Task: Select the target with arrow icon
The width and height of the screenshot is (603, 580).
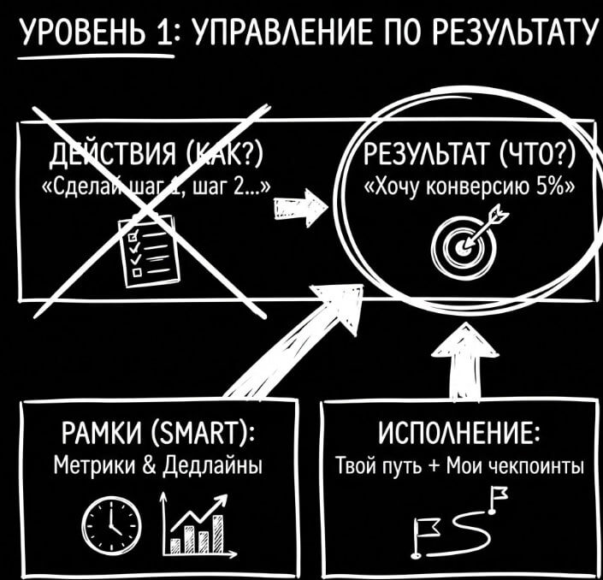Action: pyautogui.click(x=463, y=240)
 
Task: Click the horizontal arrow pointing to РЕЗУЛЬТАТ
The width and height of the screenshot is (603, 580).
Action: pyautogui.click(x=299, y=206)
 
